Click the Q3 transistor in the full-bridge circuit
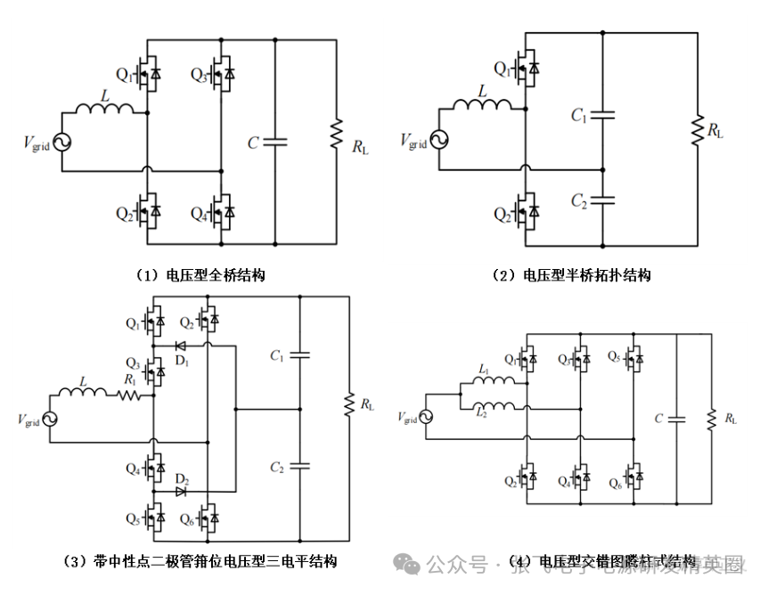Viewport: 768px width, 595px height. pyautogui.click(x=224, y=75)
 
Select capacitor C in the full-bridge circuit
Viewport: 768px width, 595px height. pyautogui.click(x=274, y=141)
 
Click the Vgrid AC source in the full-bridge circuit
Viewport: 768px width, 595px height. pyautogui.click(x=62, y=142)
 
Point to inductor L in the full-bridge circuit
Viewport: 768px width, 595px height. pyautogui.click(x=104, y=109)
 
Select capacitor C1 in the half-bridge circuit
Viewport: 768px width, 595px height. pyautogui.click(x=603, y=115)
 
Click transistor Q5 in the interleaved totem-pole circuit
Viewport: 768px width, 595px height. pyautogui.click(x=635, y=359)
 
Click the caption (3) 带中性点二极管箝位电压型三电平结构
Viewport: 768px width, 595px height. pyautogui.click(x=202, y=561)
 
